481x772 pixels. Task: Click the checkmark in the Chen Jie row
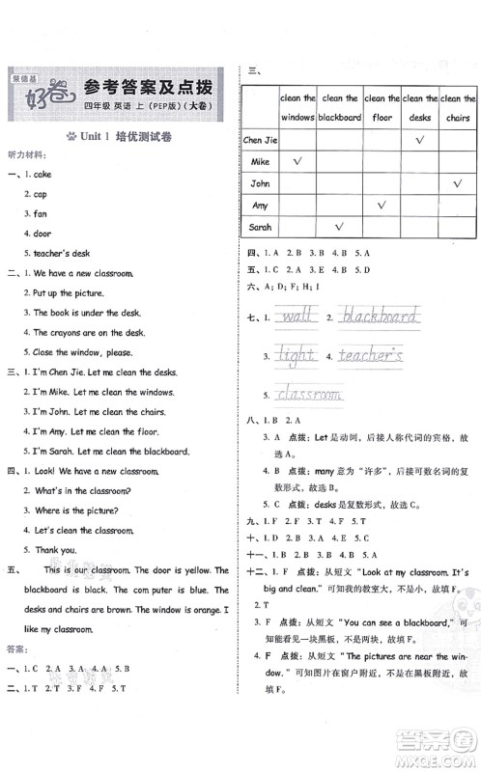pos(420,139)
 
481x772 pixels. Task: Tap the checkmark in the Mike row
pos(297,160)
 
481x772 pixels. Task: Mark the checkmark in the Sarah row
pos(339,227)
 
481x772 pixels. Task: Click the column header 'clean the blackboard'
pos(339,107)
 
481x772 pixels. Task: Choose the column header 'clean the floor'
pos(382,107)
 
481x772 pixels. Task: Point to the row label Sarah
pos(260,228)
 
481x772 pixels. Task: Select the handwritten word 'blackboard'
pos(381,317)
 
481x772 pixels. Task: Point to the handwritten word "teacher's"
pos(371,356)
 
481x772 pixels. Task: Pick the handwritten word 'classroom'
pos(308,394)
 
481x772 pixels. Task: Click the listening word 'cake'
pos(42,175)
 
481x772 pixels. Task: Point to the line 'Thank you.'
pos(55,550)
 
